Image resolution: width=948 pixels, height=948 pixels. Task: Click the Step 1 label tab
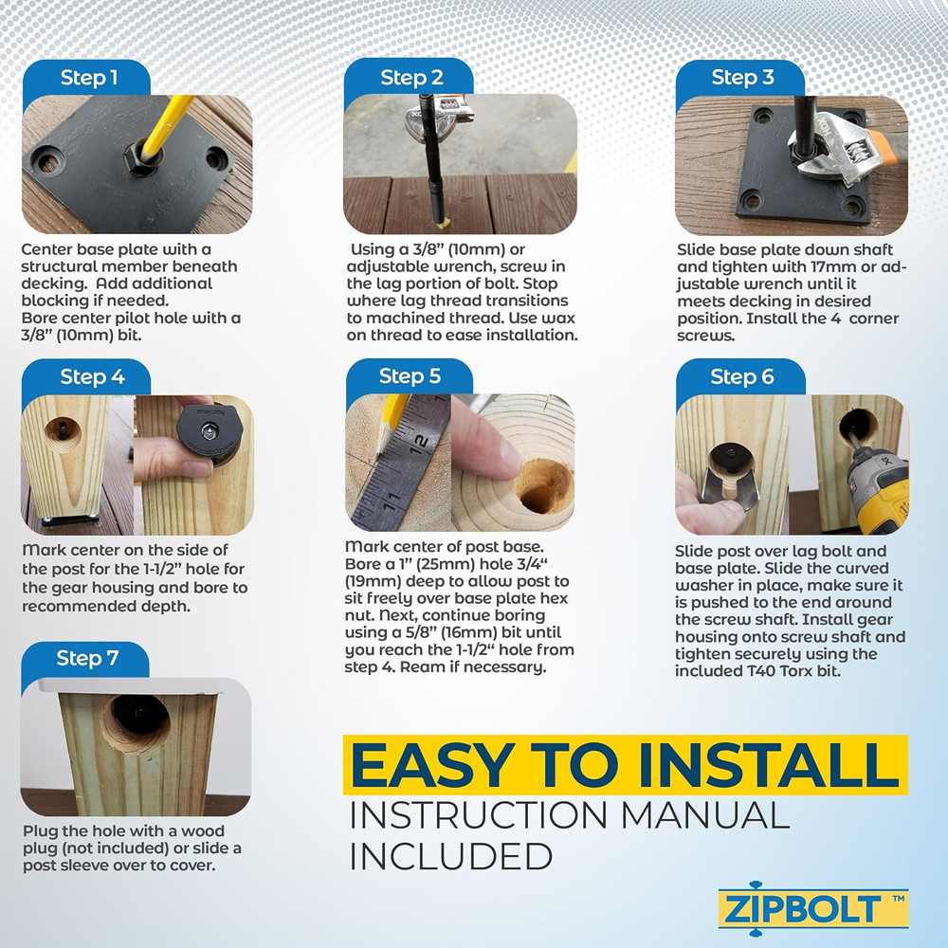pos(89,79)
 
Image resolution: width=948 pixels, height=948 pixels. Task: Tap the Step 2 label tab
pos(410,79)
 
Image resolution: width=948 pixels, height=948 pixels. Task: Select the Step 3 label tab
pos(742,79)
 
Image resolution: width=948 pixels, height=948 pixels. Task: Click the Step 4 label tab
pos(92,377)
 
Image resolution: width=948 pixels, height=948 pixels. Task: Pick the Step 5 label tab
pos(410,376)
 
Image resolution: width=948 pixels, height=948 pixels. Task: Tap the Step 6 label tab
pos(741,377)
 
